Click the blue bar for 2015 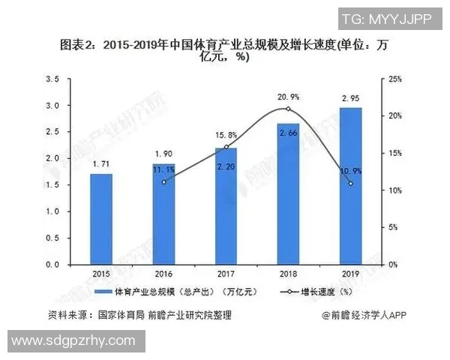click(101, 219)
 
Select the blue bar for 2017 click(226, 206)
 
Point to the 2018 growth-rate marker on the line click(288, 109)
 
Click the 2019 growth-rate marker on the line click(350, 184)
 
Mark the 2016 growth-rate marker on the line click(163, 181)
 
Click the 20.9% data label click(289, 97)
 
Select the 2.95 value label click(350, 97)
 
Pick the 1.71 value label click(101, 163)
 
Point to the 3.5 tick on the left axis click(52, 79)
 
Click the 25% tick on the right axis click(397, 79)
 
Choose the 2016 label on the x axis click(163, 274)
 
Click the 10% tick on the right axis click(397, 190)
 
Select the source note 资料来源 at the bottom click(135, 315)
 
